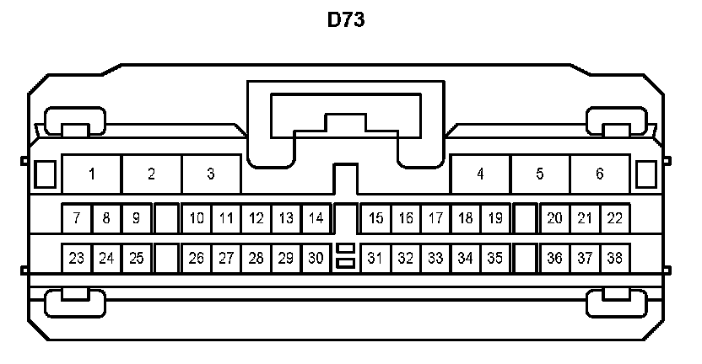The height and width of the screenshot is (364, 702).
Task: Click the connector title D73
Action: click(x=346, y=20)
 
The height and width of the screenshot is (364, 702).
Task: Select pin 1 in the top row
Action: click(x=92, y=174)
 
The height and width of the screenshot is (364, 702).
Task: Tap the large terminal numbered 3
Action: click(x=211, y=174)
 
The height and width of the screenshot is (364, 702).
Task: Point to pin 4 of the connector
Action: click(x=480, y=174)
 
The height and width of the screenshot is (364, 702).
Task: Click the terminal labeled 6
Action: click(x=599, y=174)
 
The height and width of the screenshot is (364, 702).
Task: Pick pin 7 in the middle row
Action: click(x=77, y=218)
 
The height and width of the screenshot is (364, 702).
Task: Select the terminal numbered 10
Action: click(x=197, y=218)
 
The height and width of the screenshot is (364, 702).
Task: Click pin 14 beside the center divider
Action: click(x=316, y=218)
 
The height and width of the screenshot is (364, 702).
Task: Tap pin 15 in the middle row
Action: click(x=376, y=218)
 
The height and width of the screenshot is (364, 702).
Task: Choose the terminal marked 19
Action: click(x=495, y=218)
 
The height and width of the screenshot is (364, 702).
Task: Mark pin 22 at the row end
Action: click(x=614, y=218)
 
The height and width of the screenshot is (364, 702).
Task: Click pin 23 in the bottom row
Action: click(x=77, y=258)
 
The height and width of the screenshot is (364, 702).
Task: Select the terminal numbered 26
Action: click(x=197, y=258)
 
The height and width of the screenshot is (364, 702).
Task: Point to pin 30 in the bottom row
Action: click(x=316, y=258)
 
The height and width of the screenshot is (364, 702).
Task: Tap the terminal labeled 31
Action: click(x=376, y=258)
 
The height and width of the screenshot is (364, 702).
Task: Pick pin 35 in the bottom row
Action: click(x=495, y=258)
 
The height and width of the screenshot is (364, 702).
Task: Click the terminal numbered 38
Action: click(x=614, y=258)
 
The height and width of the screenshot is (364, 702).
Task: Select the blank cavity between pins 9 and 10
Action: click(x=166, y=218)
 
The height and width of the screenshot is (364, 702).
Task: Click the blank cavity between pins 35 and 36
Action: click(x=525, y=258)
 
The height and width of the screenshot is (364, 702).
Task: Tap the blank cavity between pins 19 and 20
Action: click(x=525, y=218)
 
